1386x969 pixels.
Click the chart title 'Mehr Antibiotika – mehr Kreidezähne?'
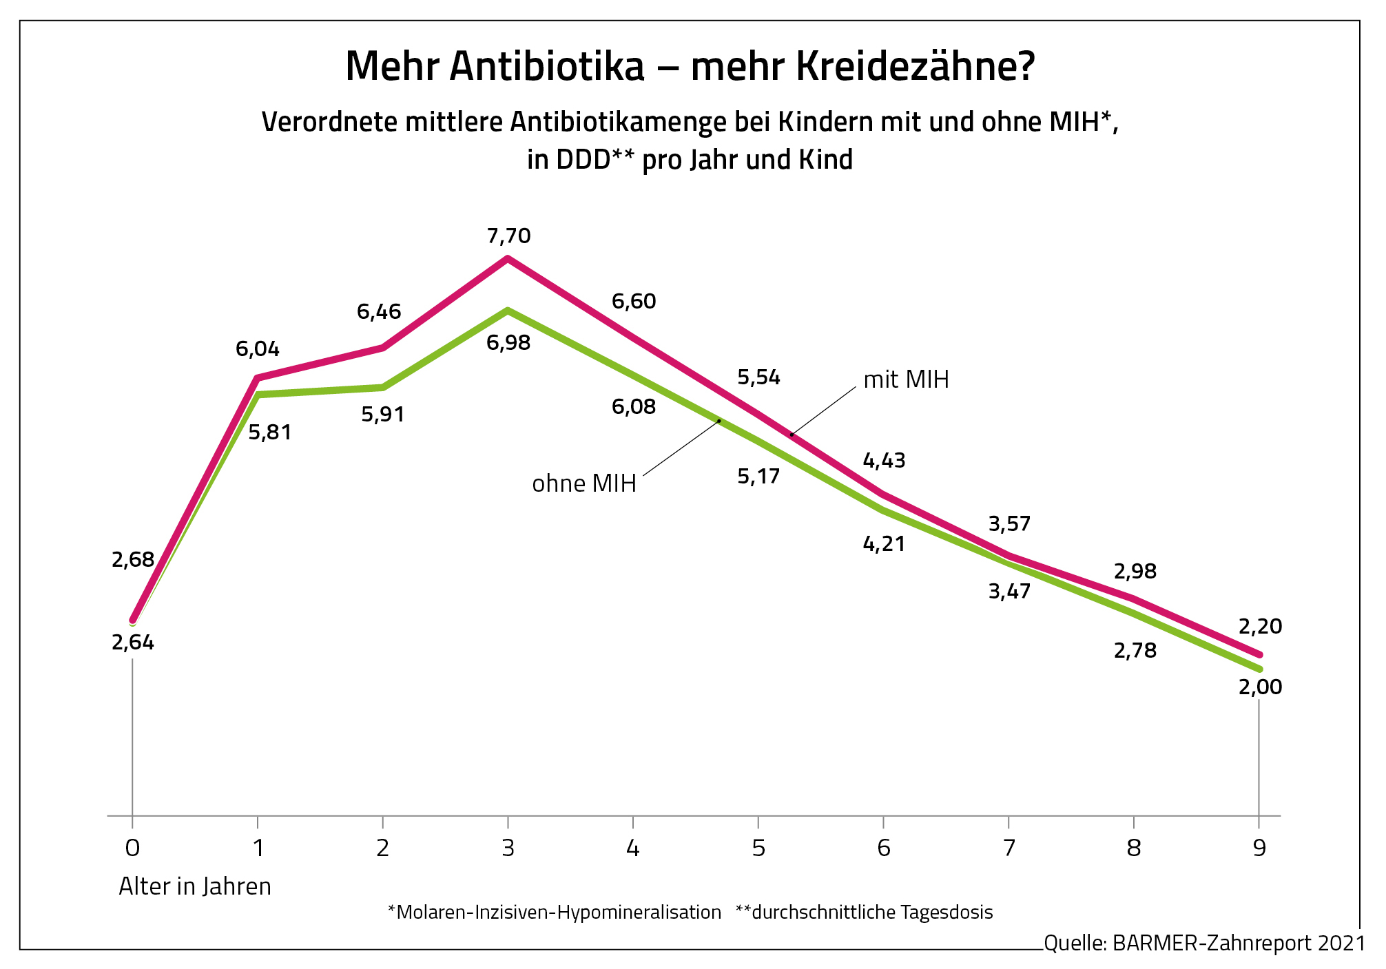point(690,66)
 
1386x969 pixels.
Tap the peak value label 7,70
point(508,236)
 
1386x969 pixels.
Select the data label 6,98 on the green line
point(508,342)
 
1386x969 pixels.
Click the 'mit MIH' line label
point(906,379)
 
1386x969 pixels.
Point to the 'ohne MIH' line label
point(584,483)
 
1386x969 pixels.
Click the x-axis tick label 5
point(758,848)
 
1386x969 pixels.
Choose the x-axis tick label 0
point(132,848)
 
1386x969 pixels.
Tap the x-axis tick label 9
point(1259,848)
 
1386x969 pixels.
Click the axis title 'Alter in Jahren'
point(195,886)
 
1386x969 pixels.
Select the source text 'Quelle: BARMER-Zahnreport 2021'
point(1204,943)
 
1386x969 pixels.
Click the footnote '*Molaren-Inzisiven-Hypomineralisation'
point(555,913)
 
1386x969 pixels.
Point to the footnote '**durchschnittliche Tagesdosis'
point(864,913)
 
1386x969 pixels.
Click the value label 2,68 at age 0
point(133,560)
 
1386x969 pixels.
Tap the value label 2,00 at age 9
point(1260,687)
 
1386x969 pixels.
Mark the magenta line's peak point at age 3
point(508,258)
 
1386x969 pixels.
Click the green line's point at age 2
point(383,387)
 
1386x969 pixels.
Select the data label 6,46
point(379,312)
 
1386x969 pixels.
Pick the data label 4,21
point(884,544)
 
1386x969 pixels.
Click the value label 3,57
point(1009,524)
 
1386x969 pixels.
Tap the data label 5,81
point(270,433)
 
